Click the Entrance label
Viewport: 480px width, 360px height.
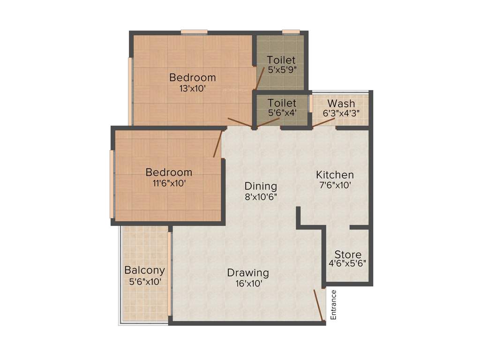(x=334, y=305)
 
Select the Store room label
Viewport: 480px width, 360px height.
(x=348, y=255)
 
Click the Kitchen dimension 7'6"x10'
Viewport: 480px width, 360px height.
(x=335, y=185)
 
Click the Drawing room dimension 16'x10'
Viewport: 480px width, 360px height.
(x=248, y=283)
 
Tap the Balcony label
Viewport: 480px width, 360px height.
(x=144, y=270)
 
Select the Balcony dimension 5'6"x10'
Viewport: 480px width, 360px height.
(x=145, y=282)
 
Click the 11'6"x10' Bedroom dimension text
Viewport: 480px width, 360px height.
(x=169, y=183)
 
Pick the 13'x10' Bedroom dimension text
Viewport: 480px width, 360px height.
(x=193, y=88)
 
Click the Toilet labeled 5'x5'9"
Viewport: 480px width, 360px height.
(x=281, y=60)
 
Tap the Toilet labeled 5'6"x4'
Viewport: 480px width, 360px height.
(x=282, y=103)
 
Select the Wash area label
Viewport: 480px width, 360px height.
(x=341, y=103)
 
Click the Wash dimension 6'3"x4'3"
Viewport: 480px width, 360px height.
(x=341, y=113)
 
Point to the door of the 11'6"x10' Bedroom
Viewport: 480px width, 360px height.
(x=217, y=144)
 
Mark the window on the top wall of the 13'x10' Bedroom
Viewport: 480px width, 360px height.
(x=194, y=32)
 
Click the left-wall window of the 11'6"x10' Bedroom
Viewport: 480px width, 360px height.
(x=112, y=184)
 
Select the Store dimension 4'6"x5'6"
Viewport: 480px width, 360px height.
(x=348, y=264)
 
